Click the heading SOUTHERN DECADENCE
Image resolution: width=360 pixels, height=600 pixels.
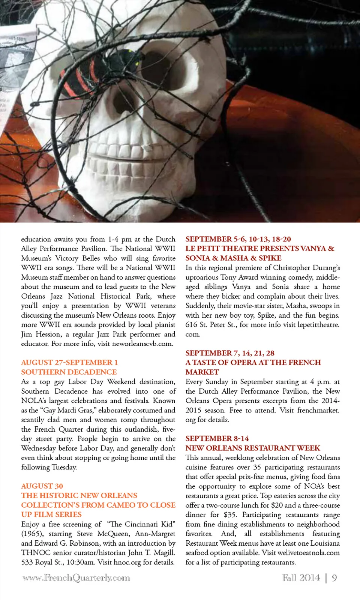[x=69, y=372]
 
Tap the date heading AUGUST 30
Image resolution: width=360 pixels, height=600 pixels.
[x=42, y=486]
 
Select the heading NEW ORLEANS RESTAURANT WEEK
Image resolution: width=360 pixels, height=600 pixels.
[x=253, y=448]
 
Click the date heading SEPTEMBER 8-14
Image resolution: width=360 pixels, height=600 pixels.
[x=217, y=438]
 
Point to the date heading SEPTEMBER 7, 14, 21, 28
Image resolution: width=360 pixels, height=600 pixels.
[x=230, y=353]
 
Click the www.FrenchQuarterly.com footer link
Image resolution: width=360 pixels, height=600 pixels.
[x=76, y=578]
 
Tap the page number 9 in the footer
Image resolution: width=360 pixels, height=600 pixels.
[x=334, y=578]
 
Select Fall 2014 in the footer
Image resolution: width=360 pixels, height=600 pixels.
[x=301, y=578]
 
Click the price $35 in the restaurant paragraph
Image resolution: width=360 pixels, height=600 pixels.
[x=230, y=515]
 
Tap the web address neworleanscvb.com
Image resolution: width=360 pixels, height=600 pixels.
[x=142, y=343]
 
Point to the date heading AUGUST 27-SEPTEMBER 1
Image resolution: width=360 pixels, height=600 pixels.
[x=69, y=363]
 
